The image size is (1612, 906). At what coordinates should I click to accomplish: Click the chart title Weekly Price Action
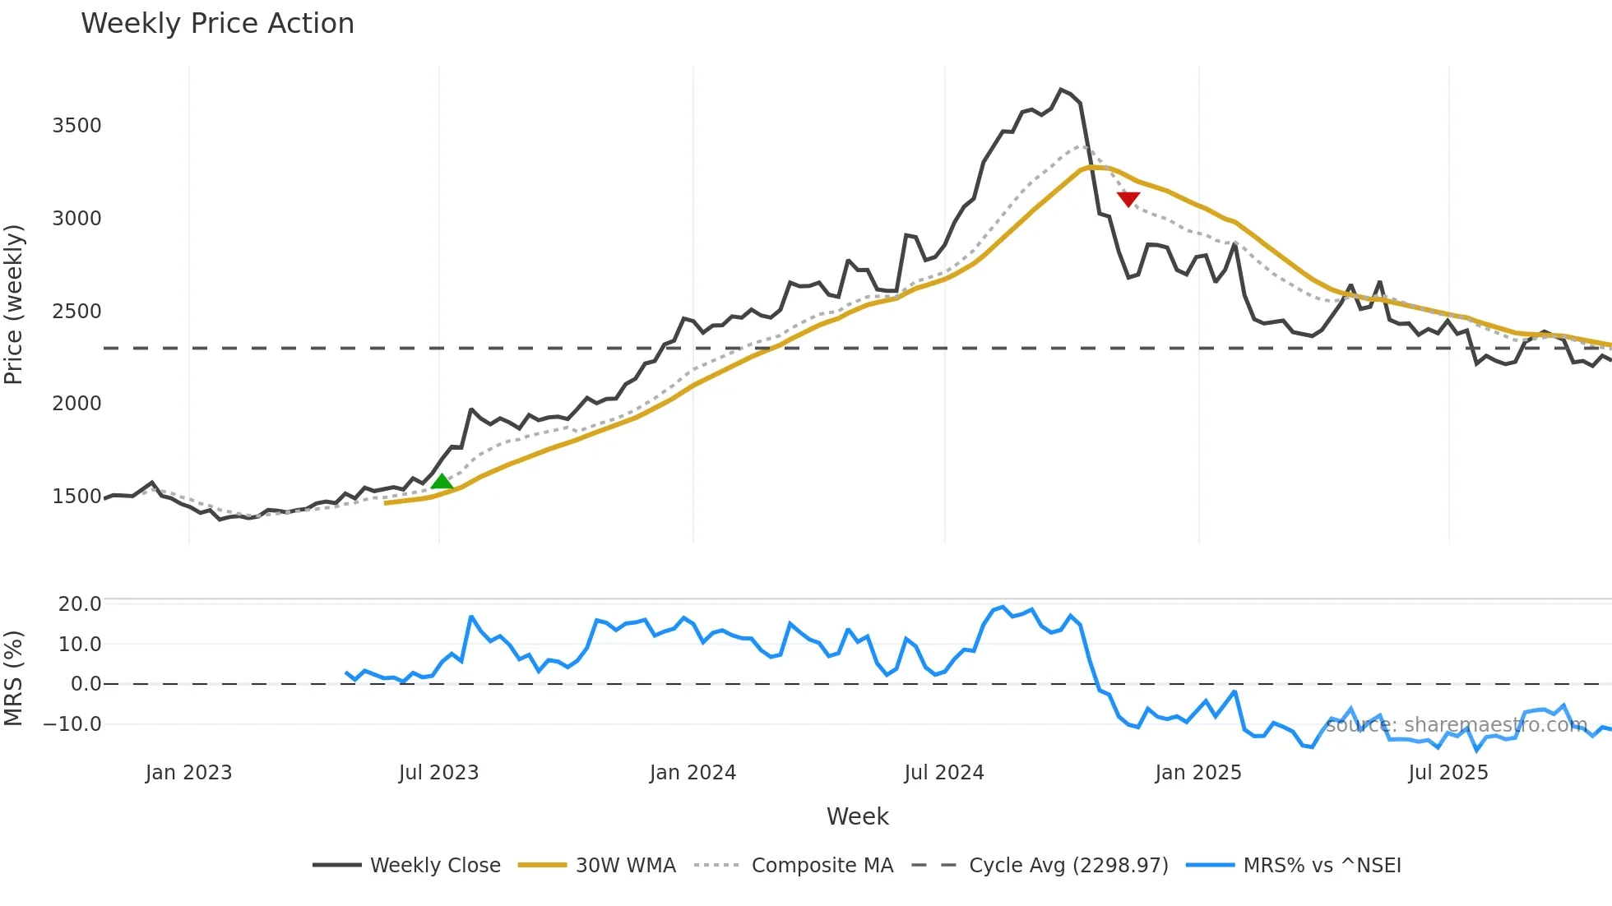pos(217,24)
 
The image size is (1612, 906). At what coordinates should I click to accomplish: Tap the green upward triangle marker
pos(442,482)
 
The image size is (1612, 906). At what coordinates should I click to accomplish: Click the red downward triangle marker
pos(1128,199)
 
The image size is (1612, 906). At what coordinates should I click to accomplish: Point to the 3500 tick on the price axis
pos(76,126)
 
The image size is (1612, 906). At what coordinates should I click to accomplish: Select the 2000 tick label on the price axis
pos(76,404)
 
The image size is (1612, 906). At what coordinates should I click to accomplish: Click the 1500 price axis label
pos(76,497)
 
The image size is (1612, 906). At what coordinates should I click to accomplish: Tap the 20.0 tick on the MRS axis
pos(80,604)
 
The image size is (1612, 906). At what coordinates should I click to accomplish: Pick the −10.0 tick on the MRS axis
pos(72,724)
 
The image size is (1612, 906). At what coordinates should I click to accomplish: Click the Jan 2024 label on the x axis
pos(693,773)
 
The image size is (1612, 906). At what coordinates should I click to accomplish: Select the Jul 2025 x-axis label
pos(1448,773)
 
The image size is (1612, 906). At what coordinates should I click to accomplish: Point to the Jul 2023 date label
pos(438,773)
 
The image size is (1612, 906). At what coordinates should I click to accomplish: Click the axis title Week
pos(857,816)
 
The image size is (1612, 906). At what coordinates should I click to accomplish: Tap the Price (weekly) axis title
pos(14,304)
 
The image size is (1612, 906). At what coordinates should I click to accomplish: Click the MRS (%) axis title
pos(14,678)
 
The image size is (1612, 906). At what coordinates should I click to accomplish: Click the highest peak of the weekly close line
pos(1061,90)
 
